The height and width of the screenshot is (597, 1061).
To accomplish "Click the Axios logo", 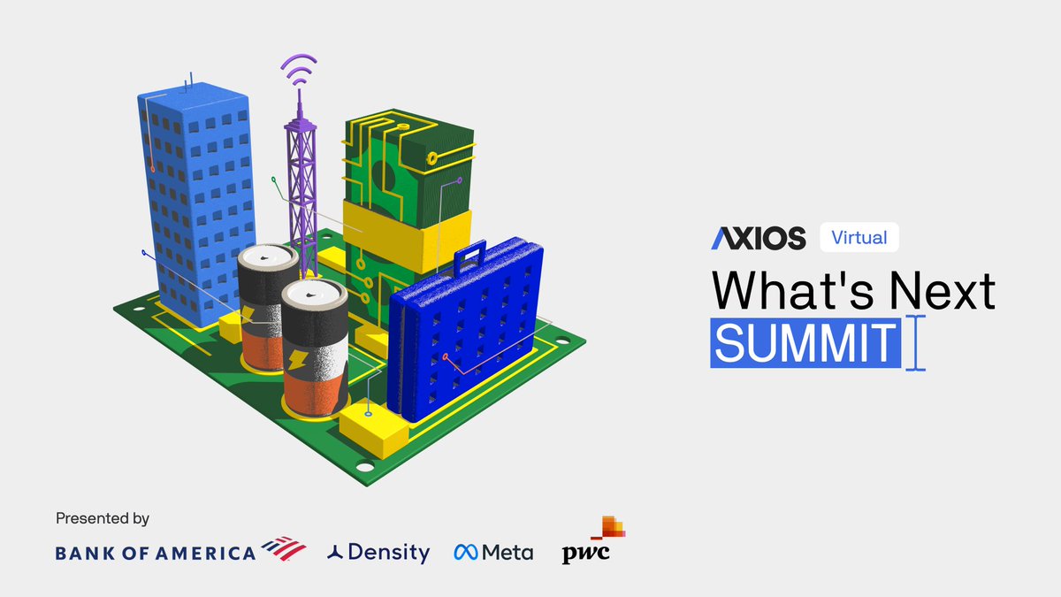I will click(759, 237).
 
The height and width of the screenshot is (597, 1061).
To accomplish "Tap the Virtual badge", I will click(859, 237).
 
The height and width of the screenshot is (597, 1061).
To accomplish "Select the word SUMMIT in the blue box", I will click(805, 343).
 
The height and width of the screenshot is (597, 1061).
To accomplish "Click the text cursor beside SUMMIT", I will click(916, 344).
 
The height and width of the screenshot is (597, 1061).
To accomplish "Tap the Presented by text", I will click(103, 518).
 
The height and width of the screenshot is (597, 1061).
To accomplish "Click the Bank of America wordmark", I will click(156, 553).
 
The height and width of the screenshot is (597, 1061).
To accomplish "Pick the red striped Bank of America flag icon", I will click(284, 548).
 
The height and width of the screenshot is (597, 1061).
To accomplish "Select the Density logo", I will click(378, 553).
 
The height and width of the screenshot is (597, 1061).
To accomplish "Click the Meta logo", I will click(493, 553).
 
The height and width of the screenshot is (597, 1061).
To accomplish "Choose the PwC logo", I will click(592, 541).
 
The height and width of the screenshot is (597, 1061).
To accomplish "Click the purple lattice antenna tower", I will click(301, 186).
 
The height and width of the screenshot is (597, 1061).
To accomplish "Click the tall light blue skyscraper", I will click(196, 195).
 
